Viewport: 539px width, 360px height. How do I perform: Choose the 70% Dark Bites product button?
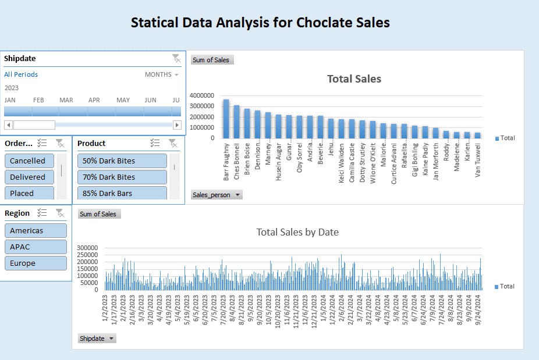click(122, 177)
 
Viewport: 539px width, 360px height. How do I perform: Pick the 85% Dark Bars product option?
click(122, 193)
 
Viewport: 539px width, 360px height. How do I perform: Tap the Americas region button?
click(36, 231)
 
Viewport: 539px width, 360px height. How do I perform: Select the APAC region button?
click(36, 247)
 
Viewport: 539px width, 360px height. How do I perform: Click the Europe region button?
click(36, 263)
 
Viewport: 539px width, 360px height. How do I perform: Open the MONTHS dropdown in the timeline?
click(161, 74)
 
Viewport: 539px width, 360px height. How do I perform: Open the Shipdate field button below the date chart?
click(97, 338)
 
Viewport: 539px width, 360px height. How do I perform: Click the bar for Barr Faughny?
click(226, 119)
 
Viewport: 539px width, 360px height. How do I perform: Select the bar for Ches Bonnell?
click(236, 122)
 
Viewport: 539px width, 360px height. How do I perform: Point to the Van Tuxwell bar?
click(478, 135)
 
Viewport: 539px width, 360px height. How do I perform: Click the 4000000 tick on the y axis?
click(202, 95)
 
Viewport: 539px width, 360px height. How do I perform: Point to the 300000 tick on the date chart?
click(90, 248)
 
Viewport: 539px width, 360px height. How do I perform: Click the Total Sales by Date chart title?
click(297, 232)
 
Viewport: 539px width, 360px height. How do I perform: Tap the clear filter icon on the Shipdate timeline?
click(176, 58)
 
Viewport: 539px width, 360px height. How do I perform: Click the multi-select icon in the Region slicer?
click(42, 213)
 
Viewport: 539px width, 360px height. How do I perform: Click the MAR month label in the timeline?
click(66, 100)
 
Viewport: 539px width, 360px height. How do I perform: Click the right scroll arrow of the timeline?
click(177, 125)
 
